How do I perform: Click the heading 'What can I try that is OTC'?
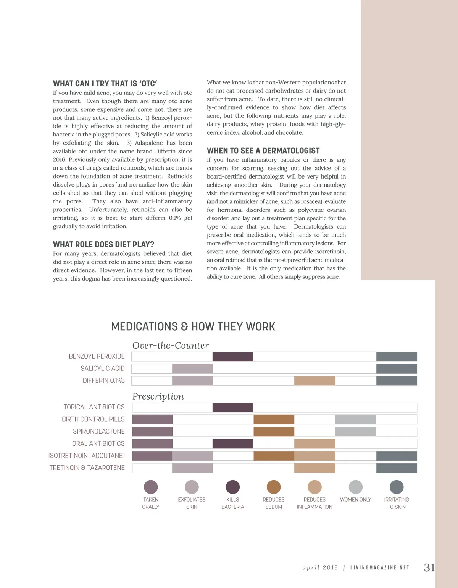point(105,83)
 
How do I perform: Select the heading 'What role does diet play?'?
point(103,244)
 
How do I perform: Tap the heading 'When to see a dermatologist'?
point(263,151)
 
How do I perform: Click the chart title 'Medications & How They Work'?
point(193,326)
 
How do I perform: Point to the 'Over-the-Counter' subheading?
point(171,345)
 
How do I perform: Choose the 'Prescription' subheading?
point(158,396)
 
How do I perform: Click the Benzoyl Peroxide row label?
point(97,356)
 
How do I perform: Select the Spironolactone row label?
point(98,431)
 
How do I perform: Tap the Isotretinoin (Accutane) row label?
point(86,456)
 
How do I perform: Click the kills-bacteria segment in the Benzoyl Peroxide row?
point(233,356)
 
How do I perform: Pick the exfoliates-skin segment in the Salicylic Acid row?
point(192,369)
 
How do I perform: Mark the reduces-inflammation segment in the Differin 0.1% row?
point(314,381)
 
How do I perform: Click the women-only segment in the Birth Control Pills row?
point(355,419)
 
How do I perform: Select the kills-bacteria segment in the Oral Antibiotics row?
point(233,443)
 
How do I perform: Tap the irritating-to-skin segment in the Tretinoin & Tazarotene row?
point(397,468)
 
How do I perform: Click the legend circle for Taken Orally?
point(151,487)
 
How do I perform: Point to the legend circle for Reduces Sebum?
point(274,487)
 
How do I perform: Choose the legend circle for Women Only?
point(355,487)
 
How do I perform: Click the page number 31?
point(429,567)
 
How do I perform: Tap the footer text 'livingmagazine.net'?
point(379,568)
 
